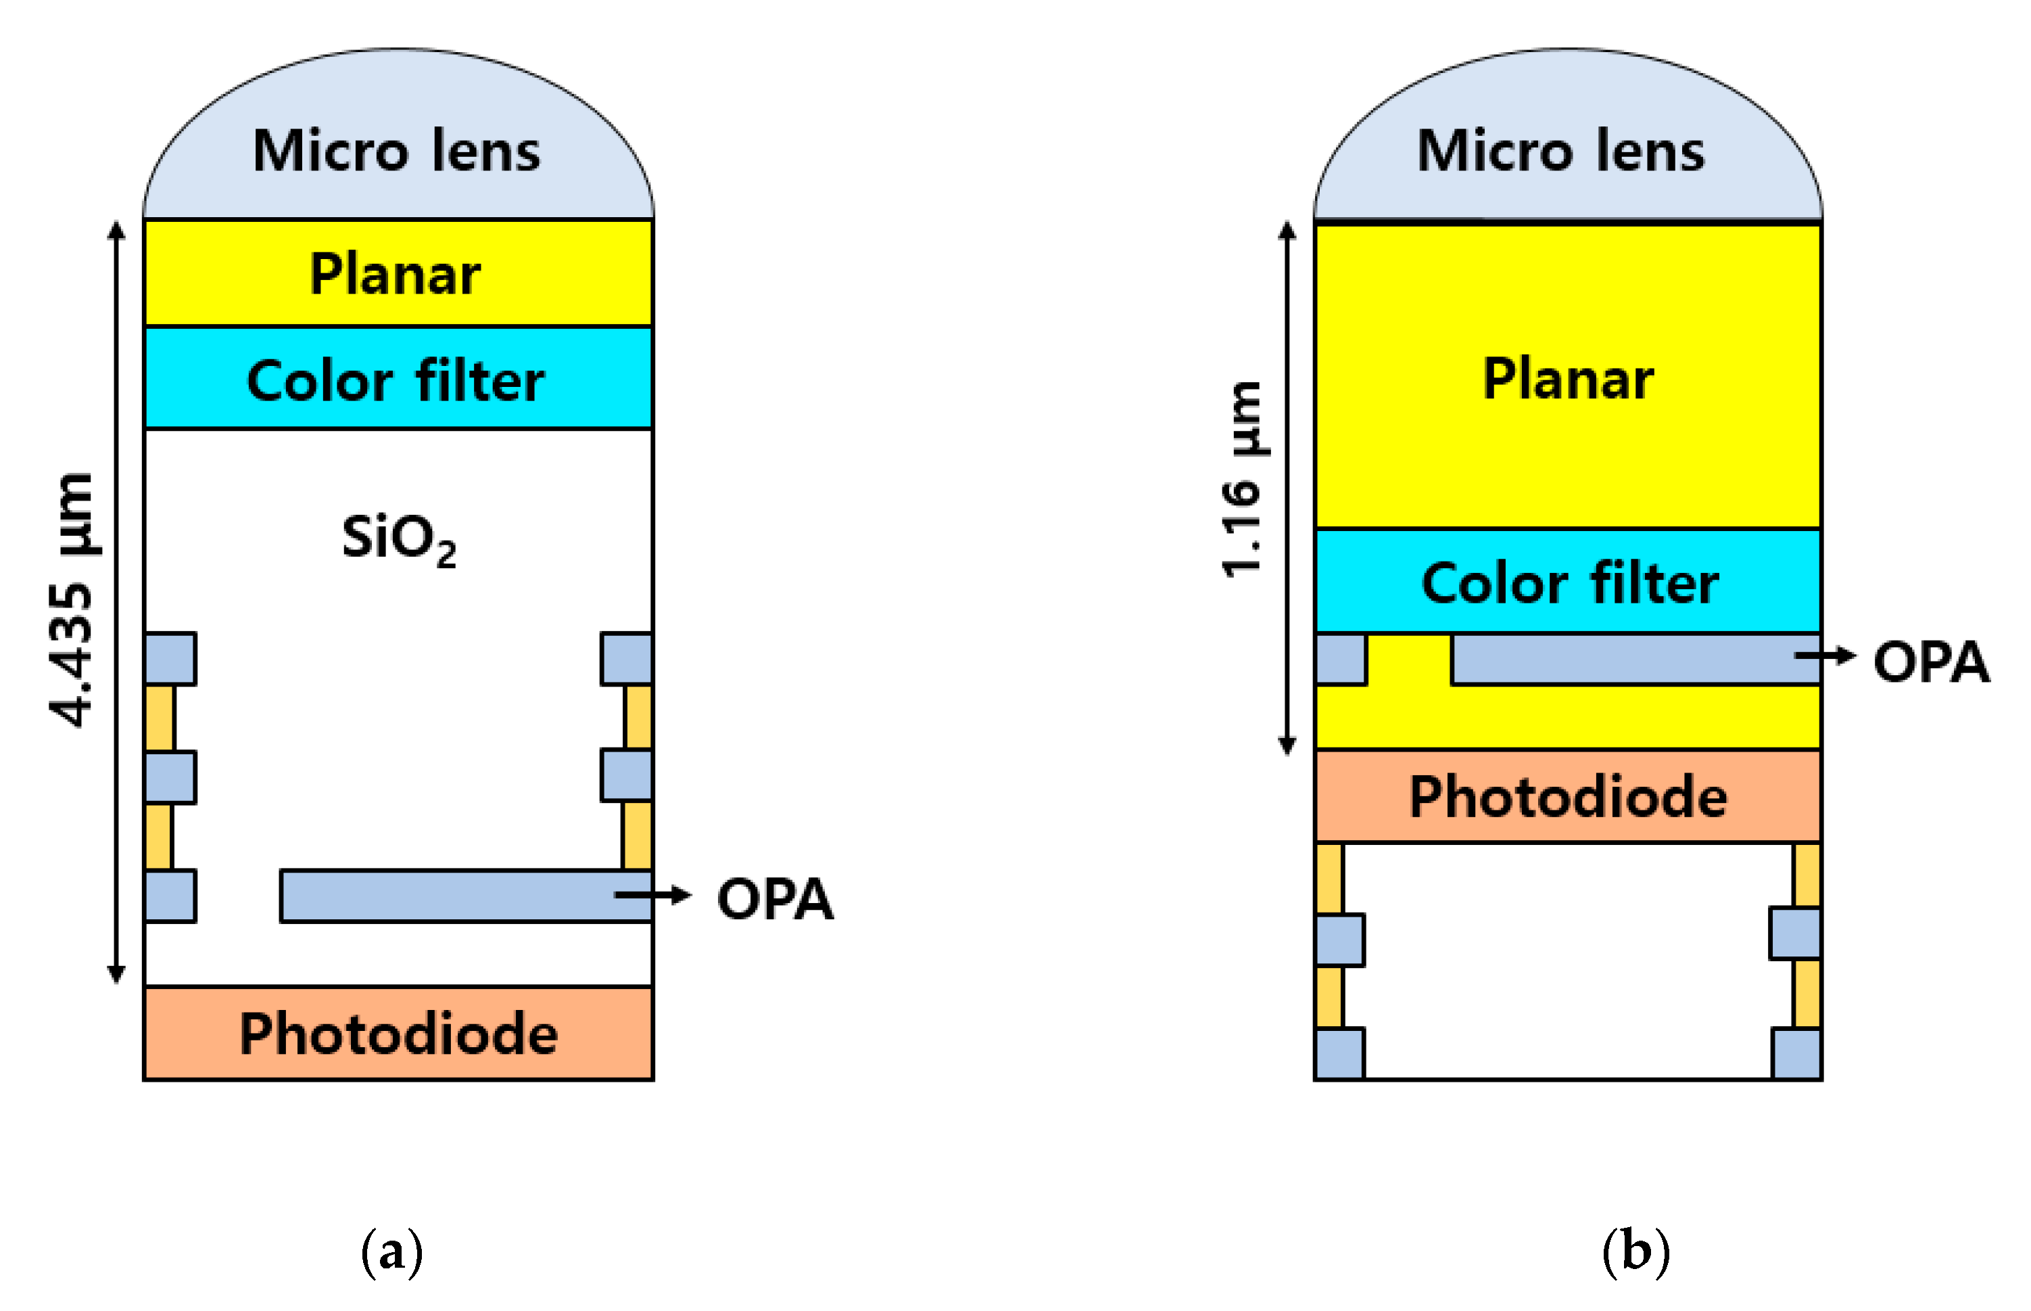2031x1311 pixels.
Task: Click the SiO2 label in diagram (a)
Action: click(x=398, y=539)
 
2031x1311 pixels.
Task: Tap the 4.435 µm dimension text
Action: click(x=72, y=600)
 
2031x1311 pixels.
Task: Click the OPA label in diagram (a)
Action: click(x=774, y=899)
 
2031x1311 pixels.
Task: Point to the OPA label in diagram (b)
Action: click(x=1932, y=662)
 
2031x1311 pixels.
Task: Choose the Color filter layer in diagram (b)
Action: click(x=1568, y=582)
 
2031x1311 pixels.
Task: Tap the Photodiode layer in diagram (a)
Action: click(x=398, y=1034)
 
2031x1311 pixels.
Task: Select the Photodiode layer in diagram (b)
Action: click(x=1568, y=797)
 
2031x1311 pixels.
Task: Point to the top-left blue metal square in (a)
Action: click(x=170, y=659)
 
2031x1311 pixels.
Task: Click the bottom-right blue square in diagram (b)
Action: click(x=1797, y=1054)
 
